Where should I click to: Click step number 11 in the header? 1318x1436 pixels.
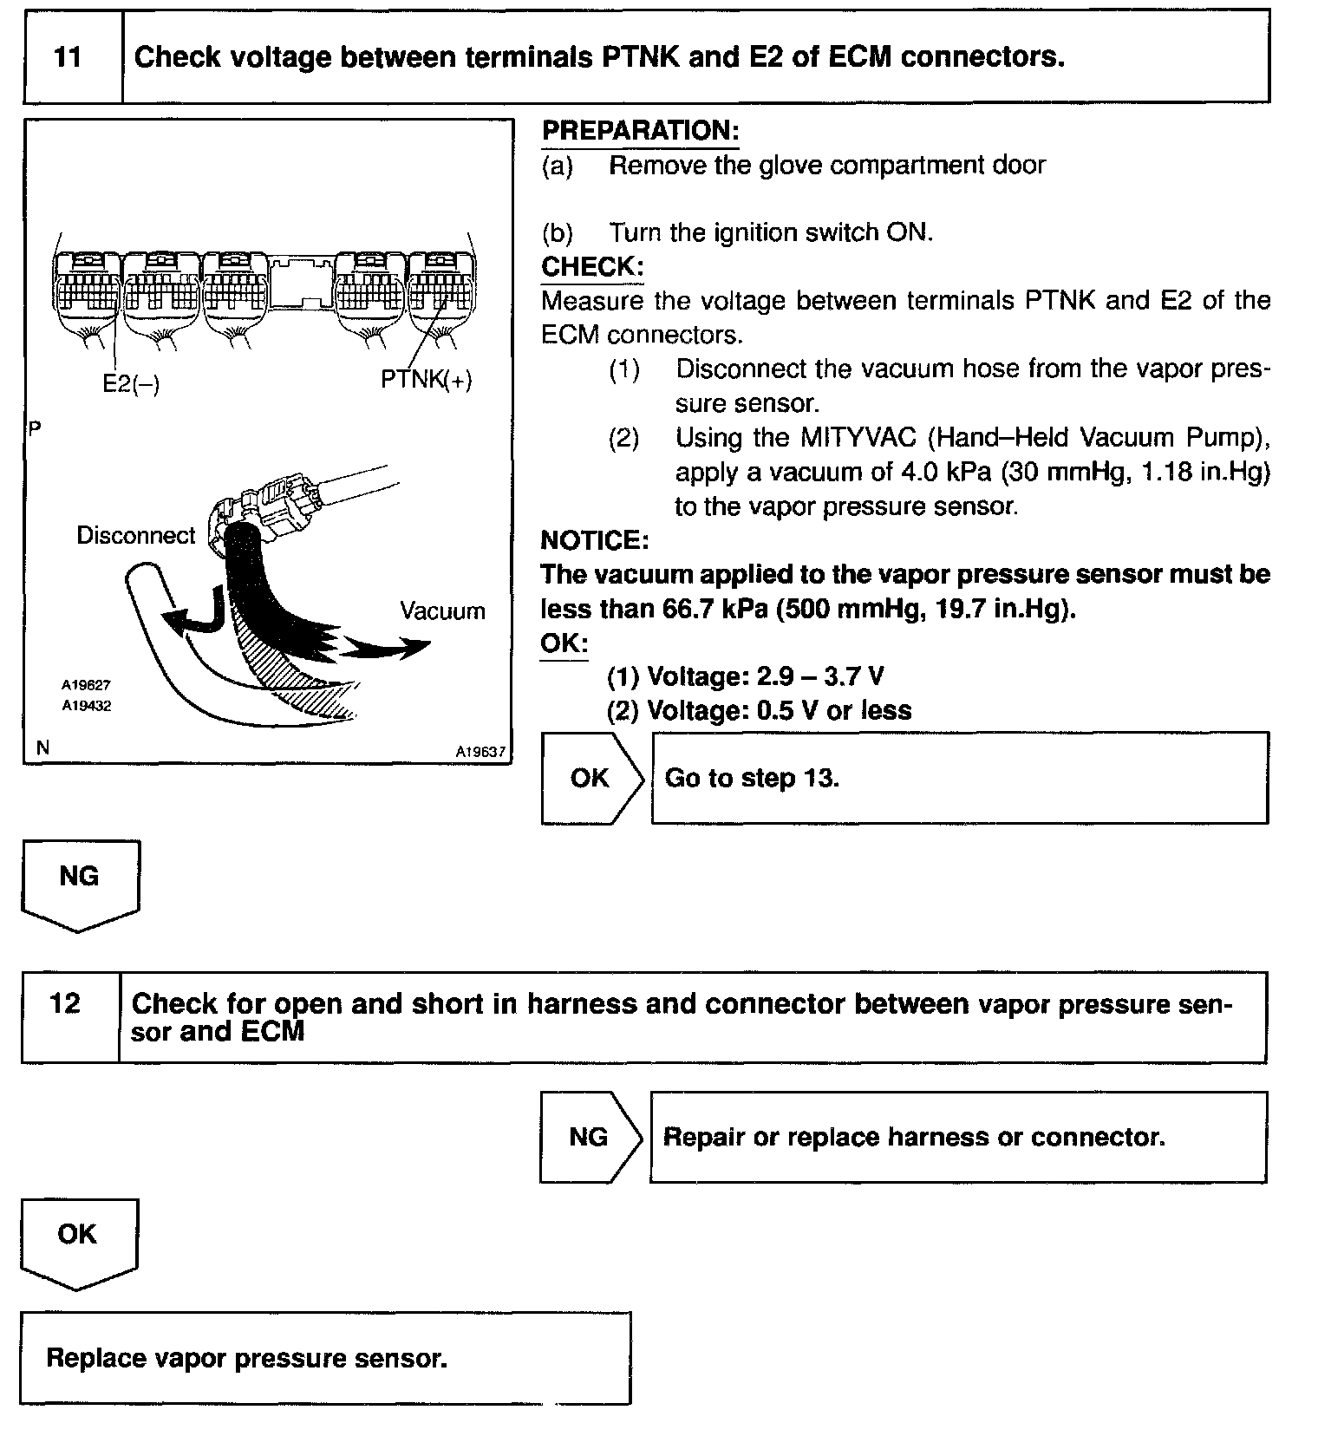pos(68,57)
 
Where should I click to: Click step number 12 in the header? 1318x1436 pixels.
pos(66,1003)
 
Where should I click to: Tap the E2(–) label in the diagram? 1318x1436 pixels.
pos(131,382)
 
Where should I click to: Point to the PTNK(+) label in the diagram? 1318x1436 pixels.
pos(427,379)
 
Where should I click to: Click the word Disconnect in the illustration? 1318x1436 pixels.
pos(136,535)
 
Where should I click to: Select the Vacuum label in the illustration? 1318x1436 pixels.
pos(442,610)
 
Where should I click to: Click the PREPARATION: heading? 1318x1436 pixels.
pos(640,131)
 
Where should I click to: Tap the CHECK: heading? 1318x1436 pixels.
pos(592,266)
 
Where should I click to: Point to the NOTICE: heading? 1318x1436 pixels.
pos(594,540)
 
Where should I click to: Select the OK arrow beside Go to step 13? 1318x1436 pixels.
pos(591,778)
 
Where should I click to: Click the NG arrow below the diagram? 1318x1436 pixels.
pos(79,880)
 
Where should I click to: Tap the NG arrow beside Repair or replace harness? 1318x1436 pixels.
pos(590,1137)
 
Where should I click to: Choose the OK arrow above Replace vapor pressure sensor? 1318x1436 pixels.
pos(77,1238)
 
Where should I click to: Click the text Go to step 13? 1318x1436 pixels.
pos(752,778)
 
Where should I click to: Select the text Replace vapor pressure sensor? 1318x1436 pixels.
pos(247,1357)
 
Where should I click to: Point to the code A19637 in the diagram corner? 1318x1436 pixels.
pos(480,753)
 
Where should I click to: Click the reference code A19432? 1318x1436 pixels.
pos(86,706)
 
